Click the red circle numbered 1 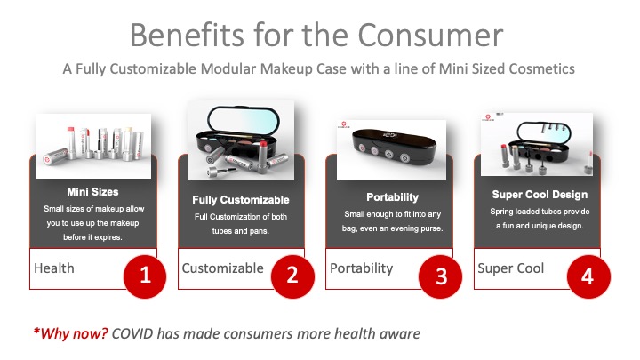pos(145,276)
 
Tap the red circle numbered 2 pos(292,276)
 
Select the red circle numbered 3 pos(440,276)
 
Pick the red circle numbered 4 pos(588,276)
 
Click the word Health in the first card pos(54,268)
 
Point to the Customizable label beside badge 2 pos(223,268)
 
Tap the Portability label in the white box pos(361,268)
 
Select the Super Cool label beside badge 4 pos(510,268)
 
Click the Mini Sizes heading pos(92,192)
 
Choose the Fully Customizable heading pos(241,200)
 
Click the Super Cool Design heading pos(540,195)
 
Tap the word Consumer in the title pos(430,35)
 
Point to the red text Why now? pos(70,333)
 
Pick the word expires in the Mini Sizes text pos(106,237)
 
